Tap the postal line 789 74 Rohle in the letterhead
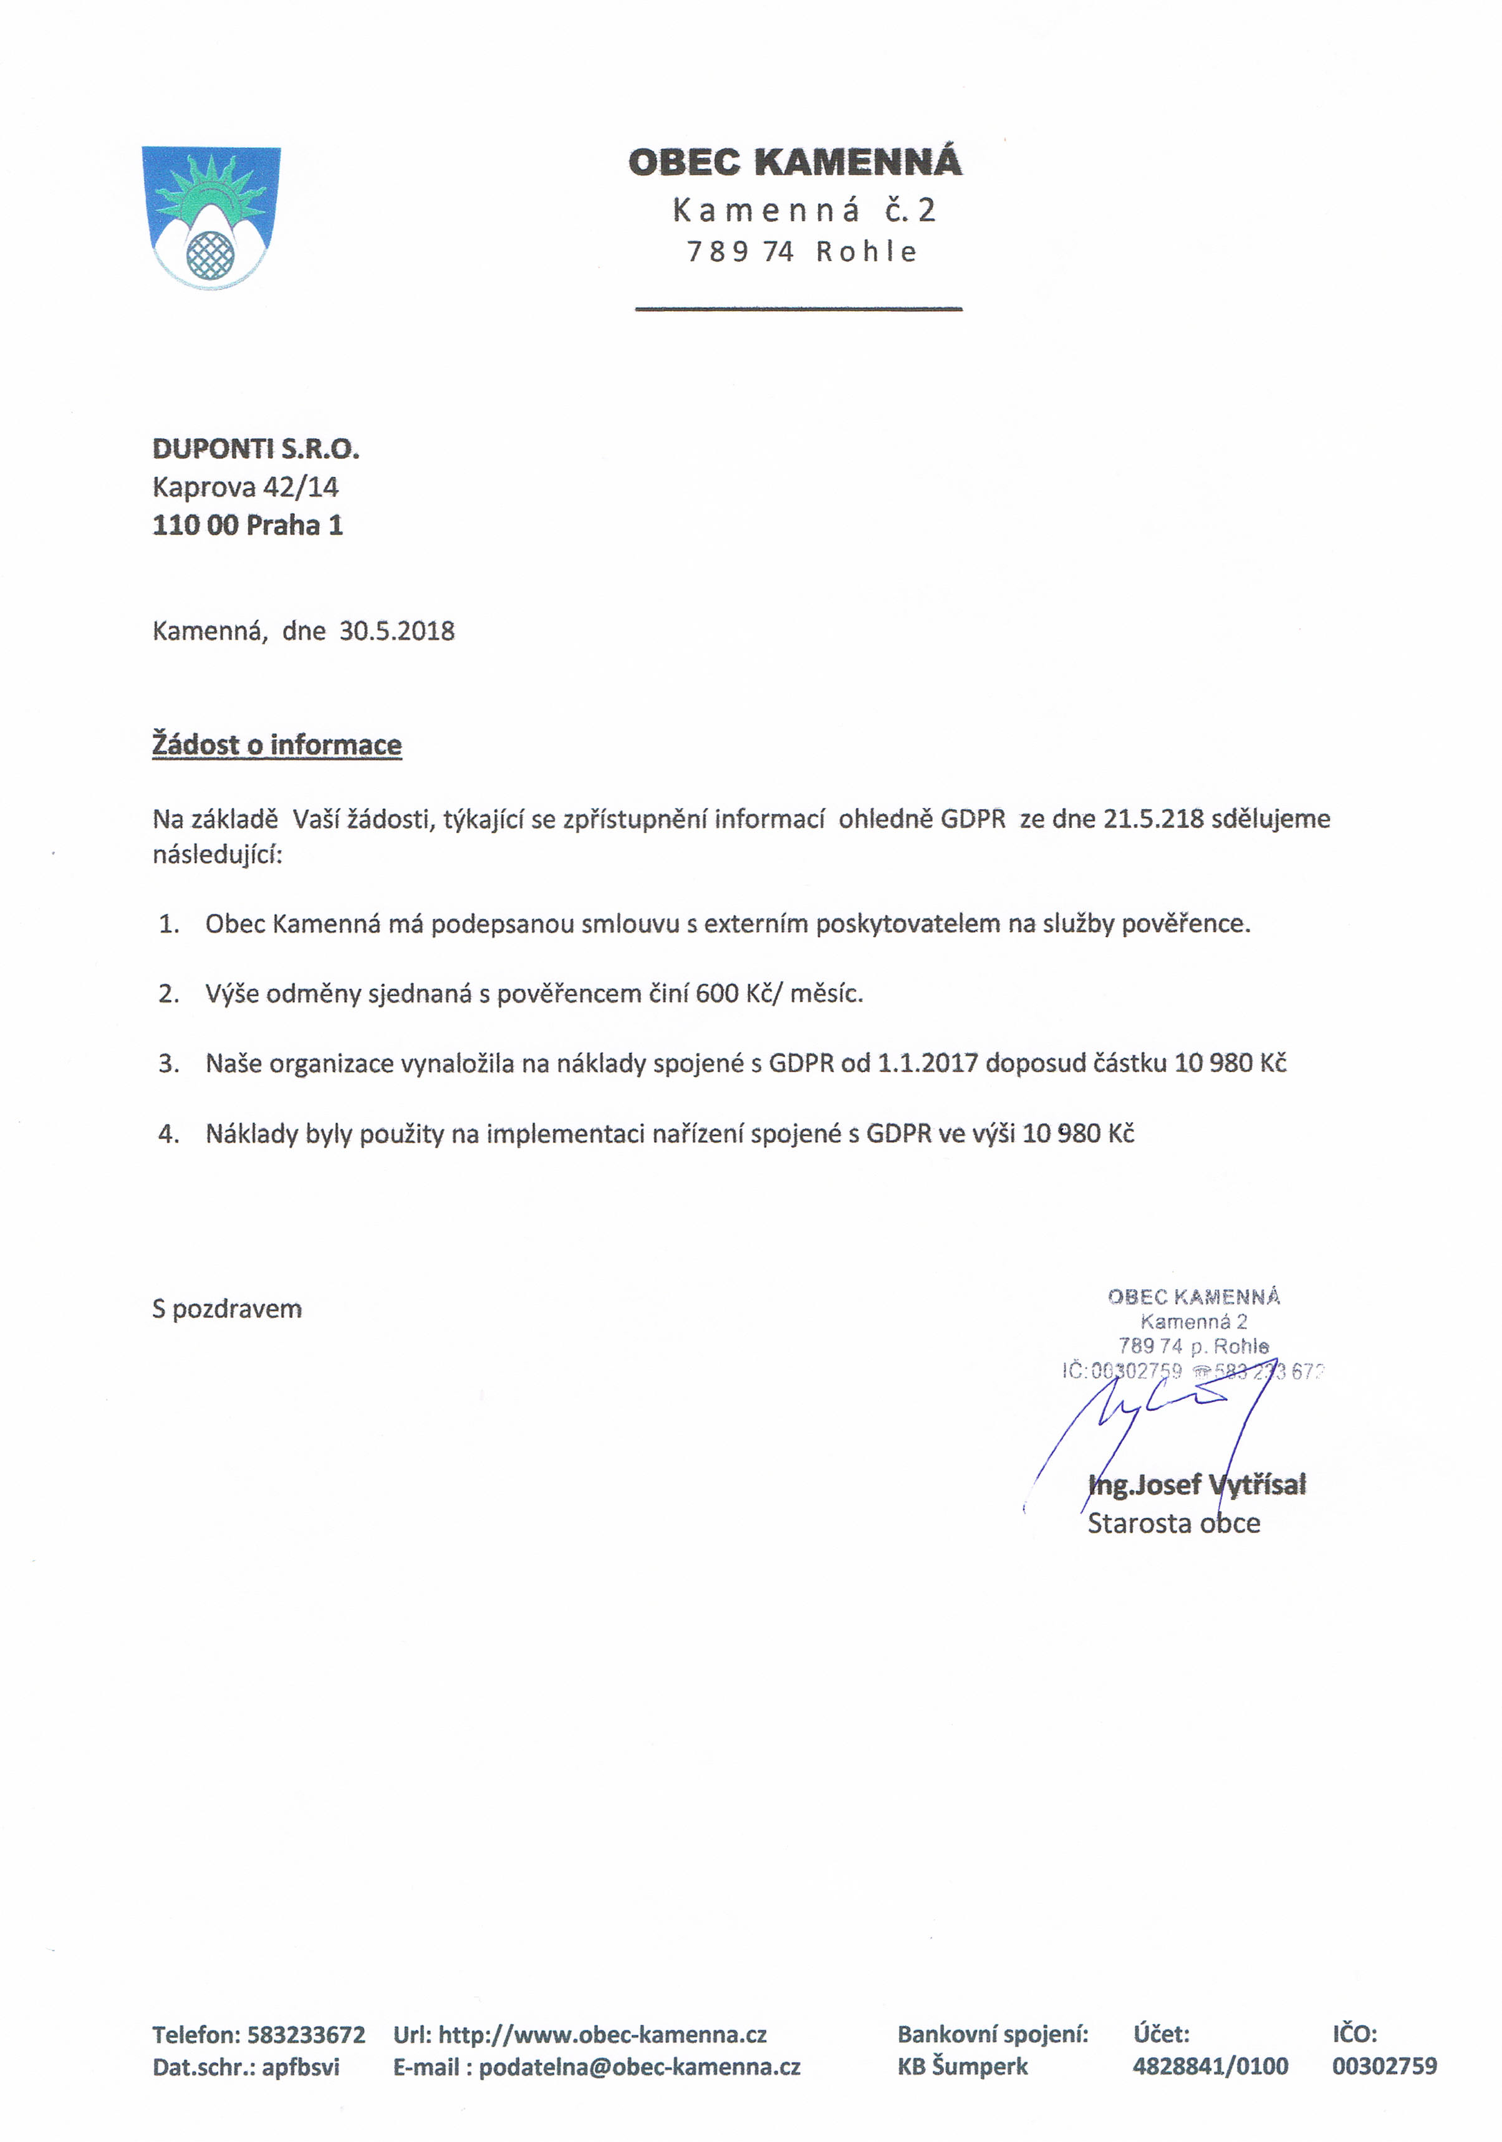[x=801, y=252]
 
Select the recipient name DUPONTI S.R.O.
[x=256, y=449]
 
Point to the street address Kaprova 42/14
[x=246, y=487]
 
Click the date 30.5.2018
[x=397, y=632]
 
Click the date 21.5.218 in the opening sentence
[x=1153, y=819]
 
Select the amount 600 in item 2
[x=716, y=994]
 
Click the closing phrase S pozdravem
[x=227, y=1309]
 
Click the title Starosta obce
[x=1173, y=1524]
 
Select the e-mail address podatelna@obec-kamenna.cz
[x=639, y=2067]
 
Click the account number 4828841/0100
[x=1210, y=2067]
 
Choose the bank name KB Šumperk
[x=962, y=2067]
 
